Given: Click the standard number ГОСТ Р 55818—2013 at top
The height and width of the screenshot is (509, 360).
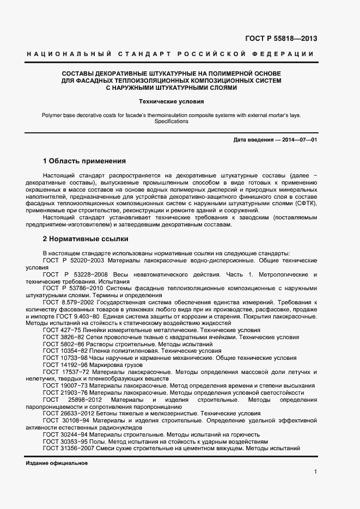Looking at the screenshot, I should point(281,39).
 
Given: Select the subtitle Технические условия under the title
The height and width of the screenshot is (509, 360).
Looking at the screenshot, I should point(171,101).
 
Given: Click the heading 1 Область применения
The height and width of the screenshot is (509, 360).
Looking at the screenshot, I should point(84,161).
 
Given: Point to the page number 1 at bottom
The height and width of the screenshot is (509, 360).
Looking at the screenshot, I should point(315,472).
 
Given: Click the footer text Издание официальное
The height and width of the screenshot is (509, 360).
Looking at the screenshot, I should point(57,463).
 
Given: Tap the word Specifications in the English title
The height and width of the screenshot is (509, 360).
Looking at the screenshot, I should point(171,121).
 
